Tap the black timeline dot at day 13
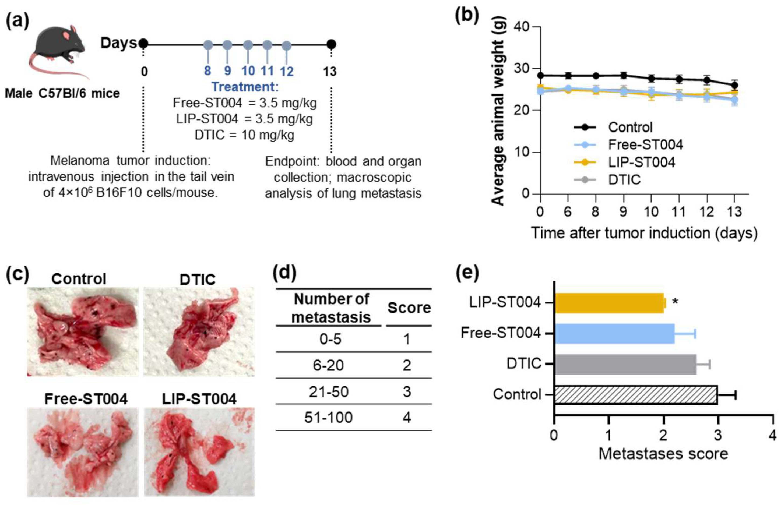pyautogui.click(x=331, y=44)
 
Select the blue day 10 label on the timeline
pyautogui.click(x=248, y=71)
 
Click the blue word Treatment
pyautogui.click(x=245, y=87)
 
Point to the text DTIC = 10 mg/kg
pyautogui.click(x=244, y=135)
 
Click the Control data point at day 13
pyautogui.click(x=735, y=85)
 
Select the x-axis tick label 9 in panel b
pyautogui.click(x=623, y=212)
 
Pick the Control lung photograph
pyautogui.click(x=83, y=331)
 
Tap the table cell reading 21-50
pyautogui.click(x=328, y=391)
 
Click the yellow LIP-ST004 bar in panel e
pyautogui.click(x=609, y=303)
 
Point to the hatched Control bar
pyautogui.click(x=636, y=395)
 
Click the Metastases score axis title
pyautogui.click(x=663, y=454)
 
